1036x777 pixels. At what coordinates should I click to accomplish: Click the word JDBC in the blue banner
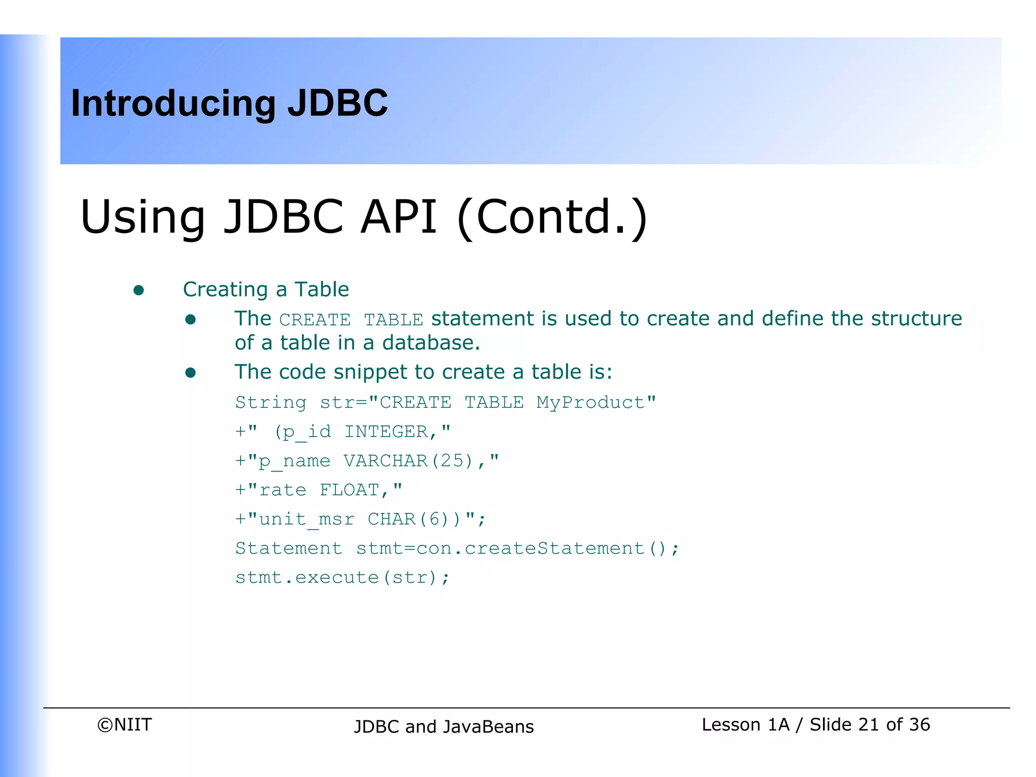tap(337, 104)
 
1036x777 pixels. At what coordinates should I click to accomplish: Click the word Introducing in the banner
tap(174, 104)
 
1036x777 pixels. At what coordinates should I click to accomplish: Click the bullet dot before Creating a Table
tap(139, 290)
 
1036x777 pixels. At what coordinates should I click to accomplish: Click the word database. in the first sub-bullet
tap(430, 343)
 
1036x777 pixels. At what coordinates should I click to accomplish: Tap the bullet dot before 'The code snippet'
tap(190, 373)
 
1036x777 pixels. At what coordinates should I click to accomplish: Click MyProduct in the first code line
tap(590, 403)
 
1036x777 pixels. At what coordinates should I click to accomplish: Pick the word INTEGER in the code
tap(386, 432)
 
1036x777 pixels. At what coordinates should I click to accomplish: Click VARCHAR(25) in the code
tap(408, 461)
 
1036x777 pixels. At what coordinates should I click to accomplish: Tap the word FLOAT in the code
tap(349, 490)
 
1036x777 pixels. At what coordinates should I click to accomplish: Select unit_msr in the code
tap(307, 520)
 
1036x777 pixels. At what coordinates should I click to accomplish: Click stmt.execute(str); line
tap(342, 578)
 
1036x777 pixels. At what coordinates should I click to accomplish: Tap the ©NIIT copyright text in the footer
tap(124, 725)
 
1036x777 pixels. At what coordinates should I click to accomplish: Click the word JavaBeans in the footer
tap(488, 727)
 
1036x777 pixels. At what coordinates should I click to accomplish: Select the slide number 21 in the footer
tap(868, 725)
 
